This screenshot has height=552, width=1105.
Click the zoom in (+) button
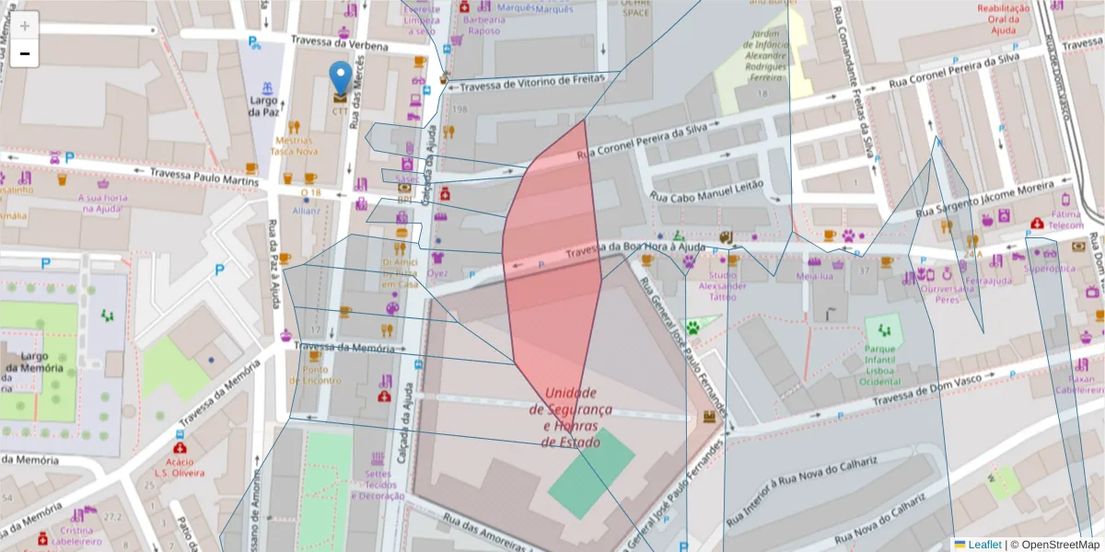click(x=25, y=25)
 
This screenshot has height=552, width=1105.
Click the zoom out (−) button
click(x=25, y=53)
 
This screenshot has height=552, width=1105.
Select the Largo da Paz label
click(x=263, y=106)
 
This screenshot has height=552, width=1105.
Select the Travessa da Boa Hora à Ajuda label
click(x=635, y=248)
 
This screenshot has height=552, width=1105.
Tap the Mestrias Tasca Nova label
click(x=294, y=146)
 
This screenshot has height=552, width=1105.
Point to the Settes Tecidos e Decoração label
click(x=378, y=485)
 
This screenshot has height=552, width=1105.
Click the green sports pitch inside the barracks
click(x=591, y=473)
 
